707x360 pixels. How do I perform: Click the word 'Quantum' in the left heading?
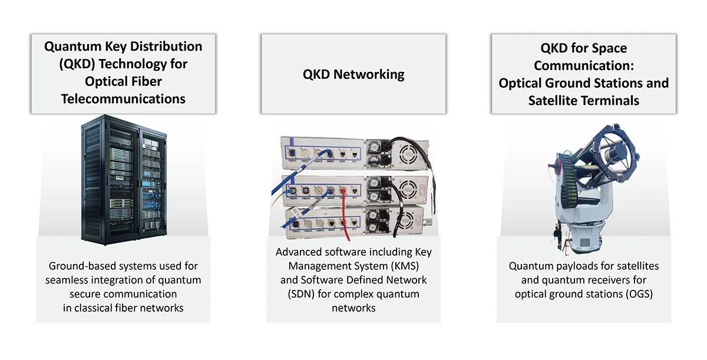[73, 47]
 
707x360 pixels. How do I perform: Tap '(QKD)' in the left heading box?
[77, 64]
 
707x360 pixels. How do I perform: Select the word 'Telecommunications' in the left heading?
[123, 99]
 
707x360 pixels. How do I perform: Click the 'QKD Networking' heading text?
[353, 74]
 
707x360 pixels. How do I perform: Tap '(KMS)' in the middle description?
[405, 266]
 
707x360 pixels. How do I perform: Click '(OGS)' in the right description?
[639, 294]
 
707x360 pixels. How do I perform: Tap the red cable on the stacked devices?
[345, 214]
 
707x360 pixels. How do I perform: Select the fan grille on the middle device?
[408, 190]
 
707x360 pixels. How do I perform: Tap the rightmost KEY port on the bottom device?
[355, 223]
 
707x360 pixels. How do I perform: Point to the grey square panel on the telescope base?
[584, 243]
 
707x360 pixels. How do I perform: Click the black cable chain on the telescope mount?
[569, 180]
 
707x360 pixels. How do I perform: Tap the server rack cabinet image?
[124, 180]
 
